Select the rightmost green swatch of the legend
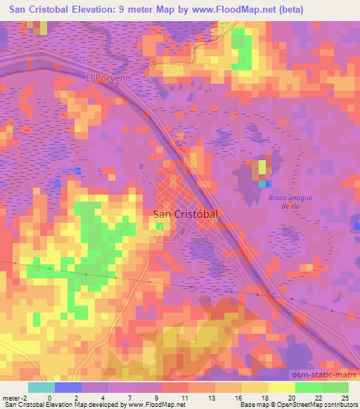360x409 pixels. tap(335, 387)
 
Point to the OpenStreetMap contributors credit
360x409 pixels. tap(311, 405)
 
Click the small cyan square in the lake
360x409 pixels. tap(262, 183)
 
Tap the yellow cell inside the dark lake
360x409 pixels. tap(262, 167)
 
